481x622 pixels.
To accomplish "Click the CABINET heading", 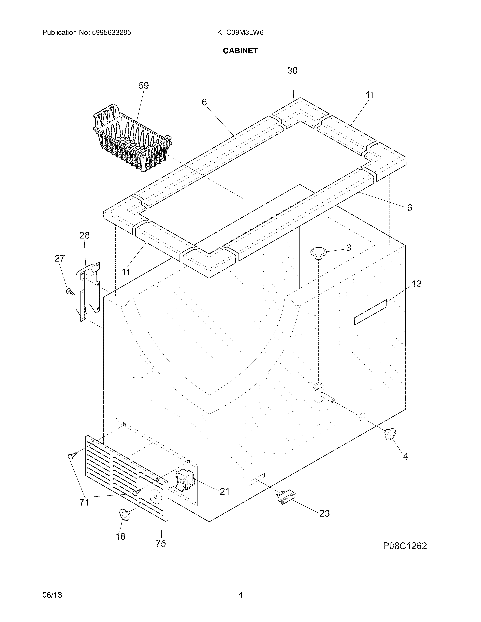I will coord(240,51).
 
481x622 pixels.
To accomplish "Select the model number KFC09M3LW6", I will coord(240,33).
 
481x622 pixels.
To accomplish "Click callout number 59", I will coord(144,86).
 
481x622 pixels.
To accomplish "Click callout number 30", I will coord(292,71).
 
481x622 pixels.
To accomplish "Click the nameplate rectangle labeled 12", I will coord(370,312).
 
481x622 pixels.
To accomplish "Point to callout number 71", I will coord(84,502).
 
